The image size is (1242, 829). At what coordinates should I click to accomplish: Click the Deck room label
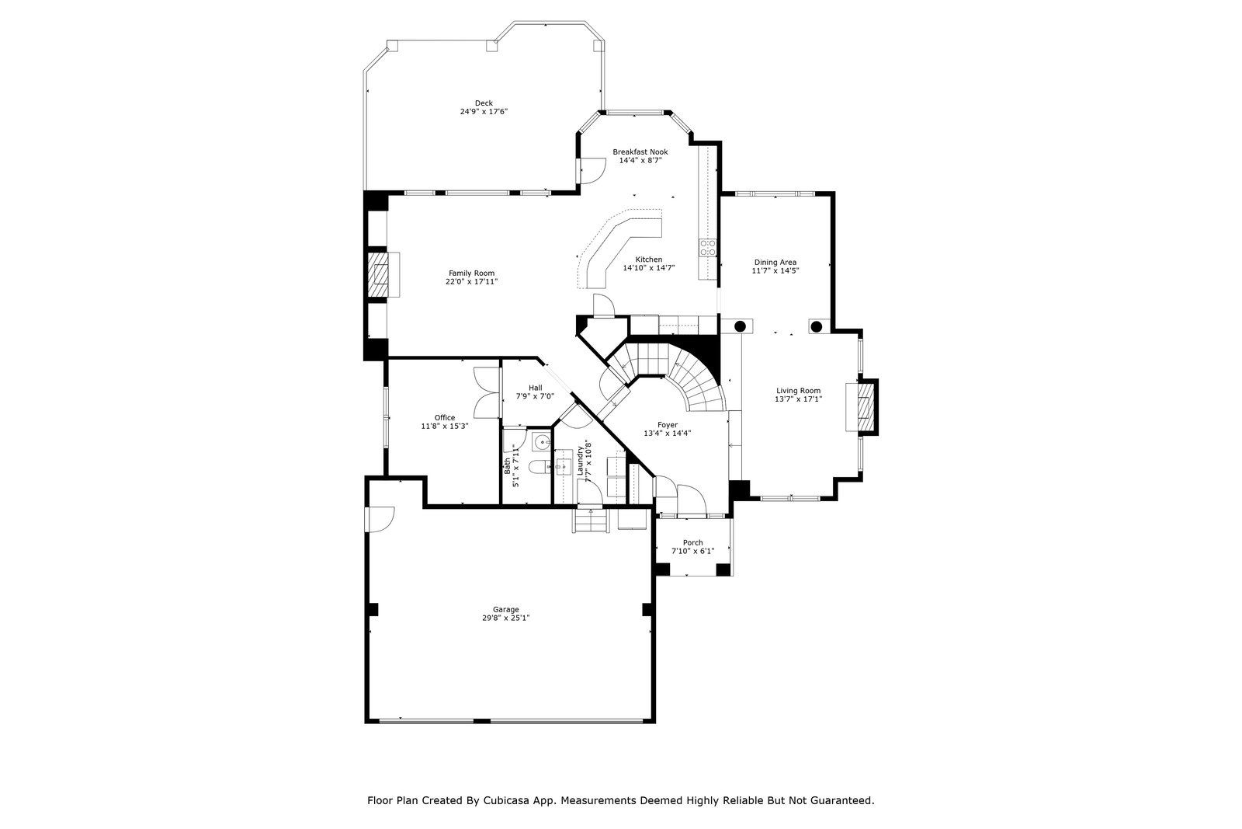click(x=484, y=103)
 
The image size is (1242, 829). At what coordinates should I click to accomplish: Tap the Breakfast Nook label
click(x=640, y=152)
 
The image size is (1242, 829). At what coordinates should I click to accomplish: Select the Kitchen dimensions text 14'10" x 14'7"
click(x=649, y=268)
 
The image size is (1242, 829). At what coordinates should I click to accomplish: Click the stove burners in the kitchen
click(x=707, y=248)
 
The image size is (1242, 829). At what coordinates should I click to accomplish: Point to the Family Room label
click(x=471, y=273)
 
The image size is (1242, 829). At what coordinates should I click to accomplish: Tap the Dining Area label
click(x=775, y=263)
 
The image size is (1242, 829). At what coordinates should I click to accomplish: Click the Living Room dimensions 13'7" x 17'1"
click(x=799, y=399)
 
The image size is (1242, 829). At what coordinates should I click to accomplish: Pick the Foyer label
click(x=668, y=425)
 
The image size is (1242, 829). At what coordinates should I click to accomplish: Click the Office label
click(x=445, y=418)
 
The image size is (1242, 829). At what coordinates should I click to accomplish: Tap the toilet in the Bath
click(x=539, y=467)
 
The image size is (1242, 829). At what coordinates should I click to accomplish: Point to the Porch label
click(x=693, y=542)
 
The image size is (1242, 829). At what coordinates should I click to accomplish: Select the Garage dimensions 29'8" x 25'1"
click(x=505, y=618)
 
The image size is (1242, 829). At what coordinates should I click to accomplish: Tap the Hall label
click(x=536, y=388)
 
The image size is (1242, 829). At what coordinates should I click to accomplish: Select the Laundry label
click(x=581, y=461)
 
